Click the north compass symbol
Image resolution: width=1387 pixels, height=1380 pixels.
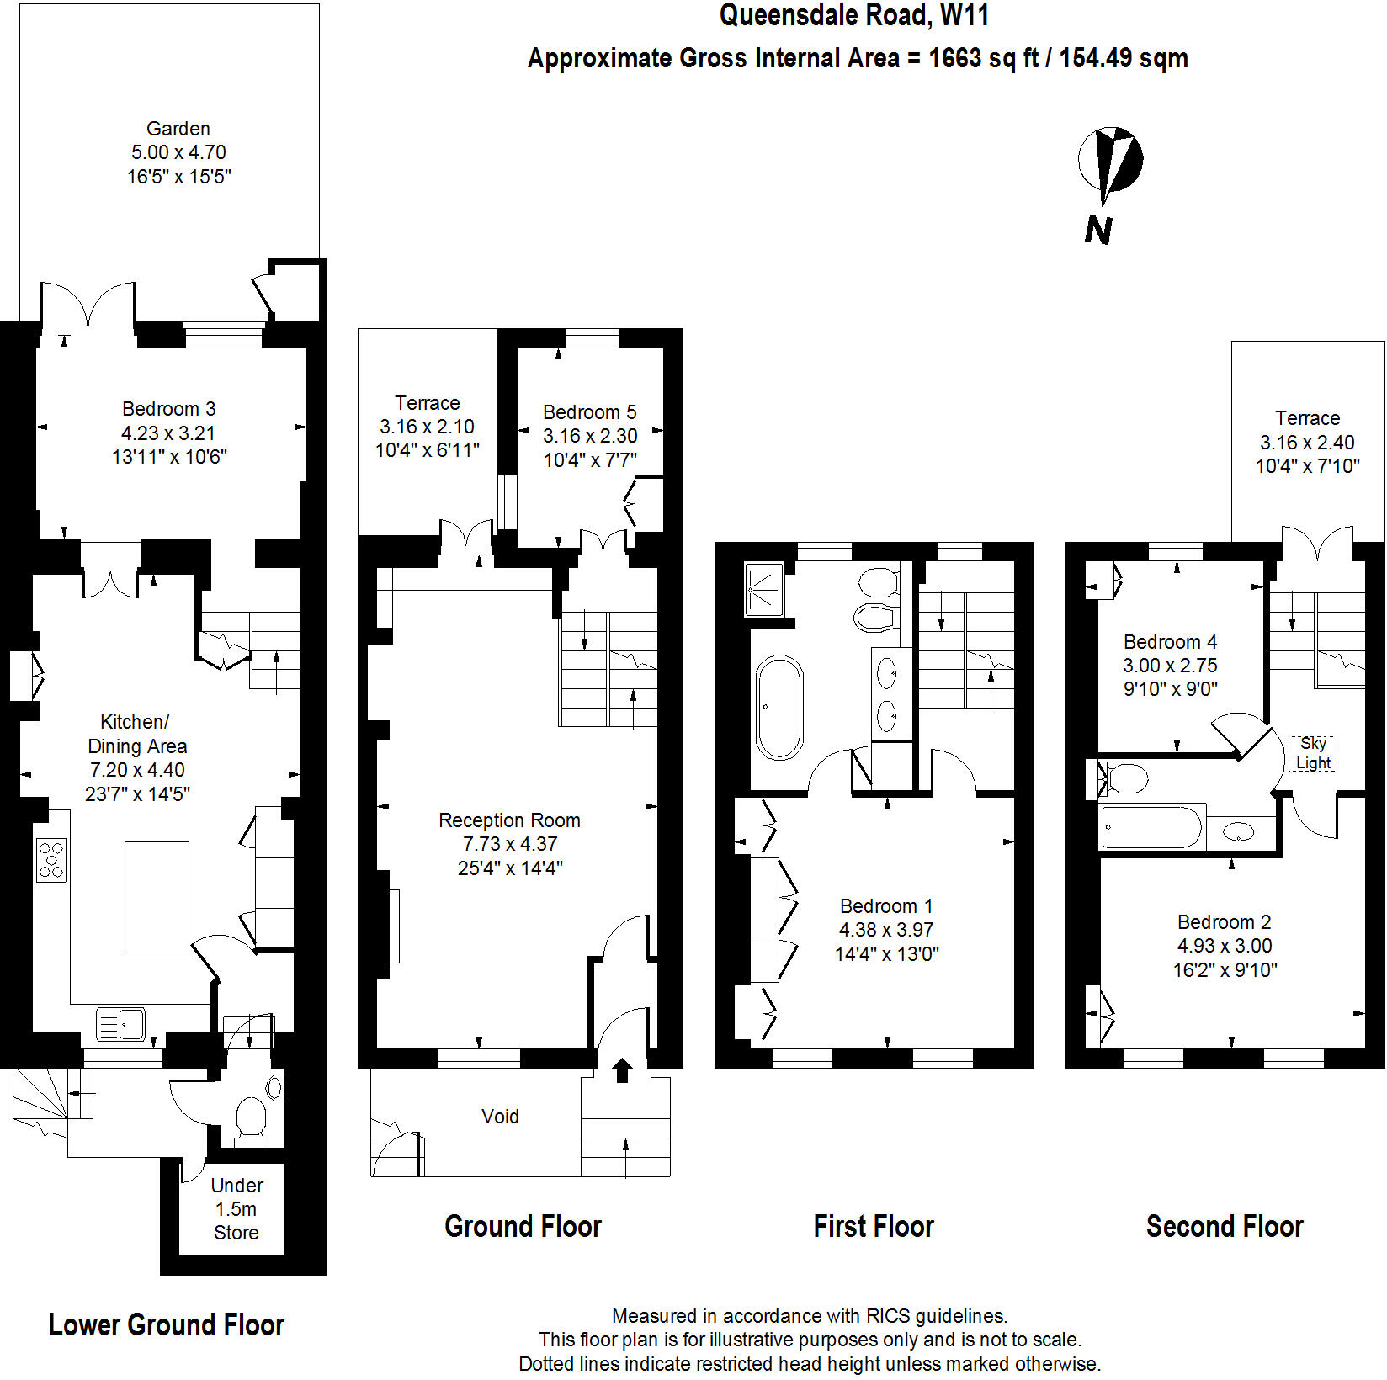pos(1110,160)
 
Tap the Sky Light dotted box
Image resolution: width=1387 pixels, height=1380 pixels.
pos(1313,753)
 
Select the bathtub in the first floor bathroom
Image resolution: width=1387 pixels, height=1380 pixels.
pos(779,708)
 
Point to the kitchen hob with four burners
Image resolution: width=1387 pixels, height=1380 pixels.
pos(51,860)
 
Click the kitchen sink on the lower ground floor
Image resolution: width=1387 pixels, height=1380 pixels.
pos(120,1024)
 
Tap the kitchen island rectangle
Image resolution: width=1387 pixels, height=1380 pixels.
pos(157,897)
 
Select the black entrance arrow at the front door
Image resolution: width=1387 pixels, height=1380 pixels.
pos(622,1070)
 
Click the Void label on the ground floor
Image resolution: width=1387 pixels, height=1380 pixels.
pos(500,1117)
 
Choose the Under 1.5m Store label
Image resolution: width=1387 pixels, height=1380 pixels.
pos(236,1209)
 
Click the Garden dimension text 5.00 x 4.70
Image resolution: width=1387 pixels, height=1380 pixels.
pos(178,152)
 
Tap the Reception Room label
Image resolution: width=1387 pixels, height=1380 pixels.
pos(509,820)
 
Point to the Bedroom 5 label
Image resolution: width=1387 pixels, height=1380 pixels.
pos(589,412)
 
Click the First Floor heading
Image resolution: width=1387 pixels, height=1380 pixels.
pos(874,1227)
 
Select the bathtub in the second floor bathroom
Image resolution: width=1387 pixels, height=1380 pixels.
pos(1151,828)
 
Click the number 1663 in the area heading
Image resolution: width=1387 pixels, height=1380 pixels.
pos(954,58)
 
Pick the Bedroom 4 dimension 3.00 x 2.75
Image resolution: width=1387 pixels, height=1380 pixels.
pos(1170,666)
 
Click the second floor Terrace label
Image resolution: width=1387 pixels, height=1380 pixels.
pos(1307,418)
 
